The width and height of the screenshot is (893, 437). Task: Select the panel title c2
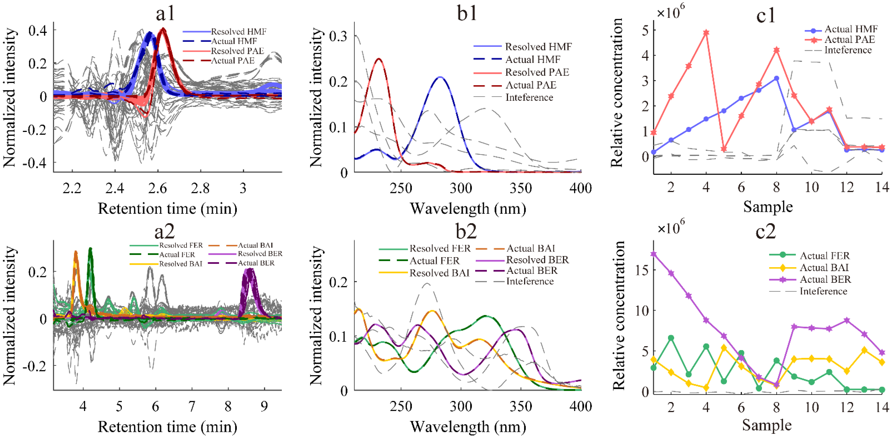[x=765, y=231]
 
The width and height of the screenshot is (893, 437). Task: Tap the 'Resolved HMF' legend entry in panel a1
[x=238, y=32]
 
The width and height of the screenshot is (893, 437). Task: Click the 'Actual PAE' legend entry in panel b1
[x=530, y=85]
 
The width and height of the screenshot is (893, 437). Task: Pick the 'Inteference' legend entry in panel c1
[x=848, y=50]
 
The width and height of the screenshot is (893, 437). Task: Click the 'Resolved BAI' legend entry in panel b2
[x=439, y=273]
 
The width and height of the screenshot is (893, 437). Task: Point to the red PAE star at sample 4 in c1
[x=706, y=33]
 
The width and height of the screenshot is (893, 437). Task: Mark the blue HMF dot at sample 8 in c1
[x=776, y=78]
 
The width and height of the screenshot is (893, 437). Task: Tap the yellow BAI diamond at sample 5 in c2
[x=724, y=347]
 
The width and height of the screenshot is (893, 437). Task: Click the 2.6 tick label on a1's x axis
[x=158, y=188]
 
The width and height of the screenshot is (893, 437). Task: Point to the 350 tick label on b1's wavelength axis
[x=521, y=188]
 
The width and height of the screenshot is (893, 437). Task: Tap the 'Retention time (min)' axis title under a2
[x=168, y=427]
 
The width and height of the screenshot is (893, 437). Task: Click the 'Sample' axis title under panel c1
[x=768, y=207]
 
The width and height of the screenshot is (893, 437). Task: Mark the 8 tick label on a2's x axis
[x=228, y=406]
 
